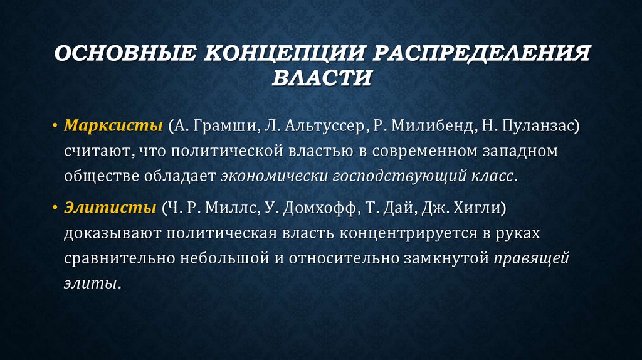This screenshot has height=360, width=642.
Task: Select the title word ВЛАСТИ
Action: (322, 78)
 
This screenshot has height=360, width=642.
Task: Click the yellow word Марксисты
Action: (112, 125)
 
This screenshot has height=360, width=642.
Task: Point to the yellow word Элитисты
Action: (106, 208)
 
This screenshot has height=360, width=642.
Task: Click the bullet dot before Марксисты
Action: (55, 127)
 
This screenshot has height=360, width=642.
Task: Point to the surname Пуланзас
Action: (535, 125)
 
